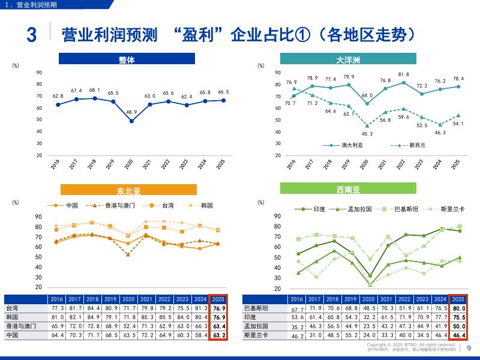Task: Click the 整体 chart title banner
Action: pyautogui.click(x=127, y=59)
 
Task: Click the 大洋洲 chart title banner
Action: pyautogui.click(x=348, y=59)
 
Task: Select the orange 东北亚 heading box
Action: pyautogui.click(x=128, y=191)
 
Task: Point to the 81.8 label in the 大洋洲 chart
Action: pyautogui.click(x=403, y=74)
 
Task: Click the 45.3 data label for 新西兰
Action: pyautogui.click(x=367, y=134)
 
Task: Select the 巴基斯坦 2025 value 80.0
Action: pyautogui.click(x=458, y=308)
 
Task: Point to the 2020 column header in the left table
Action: pyautogui.click(x=128, y=299)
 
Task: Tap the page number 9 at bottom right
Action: pyautogui.click(x=469, y=347)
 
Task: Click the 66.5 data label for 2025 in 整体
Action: pyautogui.click(x=223, y=92)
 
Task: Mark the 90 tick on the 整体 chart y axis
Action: pyautogui.click(x=39, y=73)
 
